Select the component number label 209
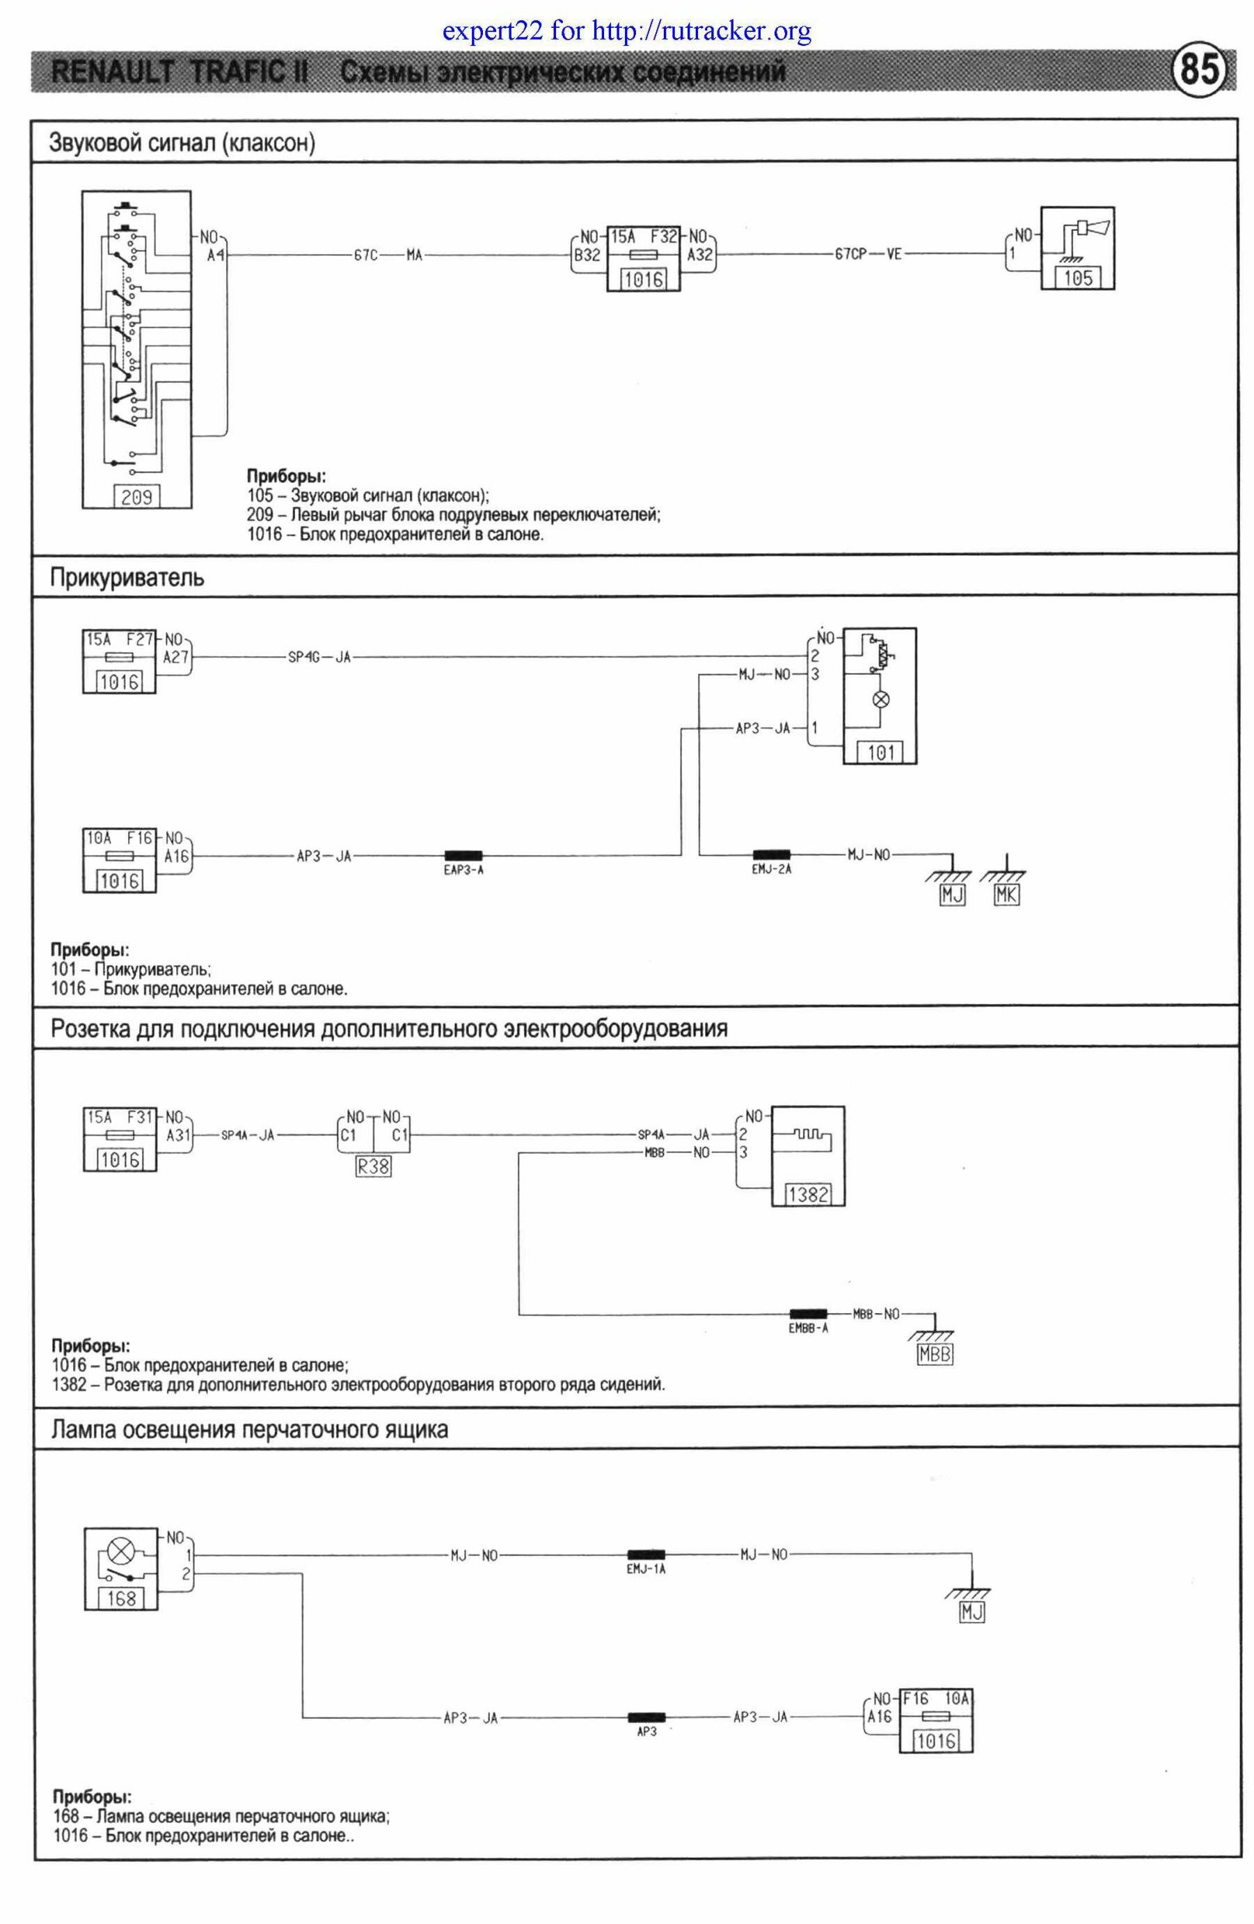[x=136, y=496]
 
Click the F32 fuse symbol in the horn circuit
[x=643, y=255]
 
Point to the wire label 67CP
[x=850, y=255]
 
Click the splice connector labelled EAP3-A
[x=463, y=855]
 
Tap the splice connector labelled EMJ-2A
[x=770, y=855]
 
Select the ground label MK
[x=1006, y=895]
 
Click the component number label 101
[x=880, y=753]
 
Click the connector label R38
[x=373, y=1166]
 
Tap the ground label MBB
[x=935, y=1354]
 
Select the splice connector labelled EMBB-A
[x=808, y=1314]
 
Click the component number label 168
[x=120, y=1598]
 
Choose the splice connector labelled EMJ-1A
[x=645, y=1554]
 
